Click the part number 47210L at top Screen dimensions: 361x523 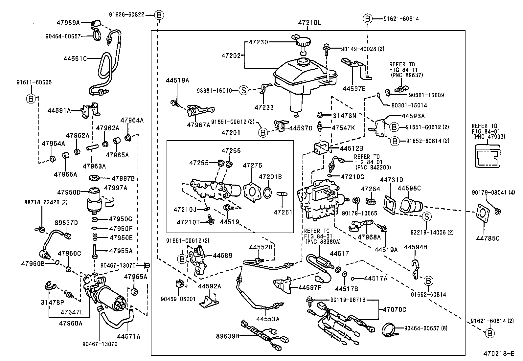point(309,23)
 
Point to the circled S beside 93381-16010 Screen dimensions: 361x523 point(243,90)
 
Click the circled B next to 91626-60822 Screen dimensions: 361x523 point(159,15)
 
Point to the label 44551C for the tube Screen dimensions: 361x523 point(75,58)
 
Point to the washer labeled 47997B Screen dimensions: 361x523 point(95,178)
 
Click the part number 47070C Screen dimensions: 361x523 point(394,309)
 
